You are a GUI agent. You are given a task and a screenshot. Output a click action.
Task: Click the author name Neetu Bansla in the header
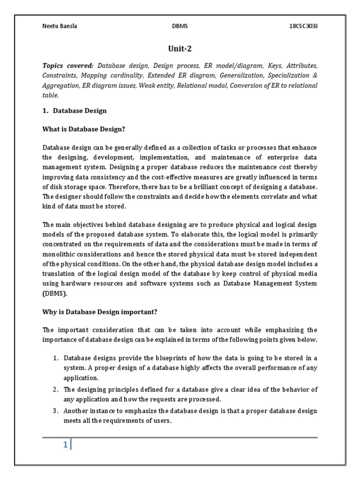pos(59,26)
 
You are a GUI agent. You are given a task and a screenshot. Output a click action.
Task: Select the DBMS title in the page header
pos(180,26)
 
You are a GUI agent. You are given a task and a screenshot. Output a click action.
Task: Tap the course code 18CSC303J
pos(303,26)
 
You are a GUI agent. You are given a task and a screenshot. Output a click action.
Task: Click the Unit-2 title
pos(180,48)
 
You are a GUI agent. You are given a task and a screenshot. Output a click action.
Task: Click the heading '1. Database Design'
pos(75,111)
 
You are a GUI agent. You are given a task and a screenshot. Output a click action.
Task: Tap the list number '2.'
pos(55,389)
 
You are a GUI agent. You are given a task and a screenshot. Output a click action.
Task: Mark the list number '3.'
pos(55,411)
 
